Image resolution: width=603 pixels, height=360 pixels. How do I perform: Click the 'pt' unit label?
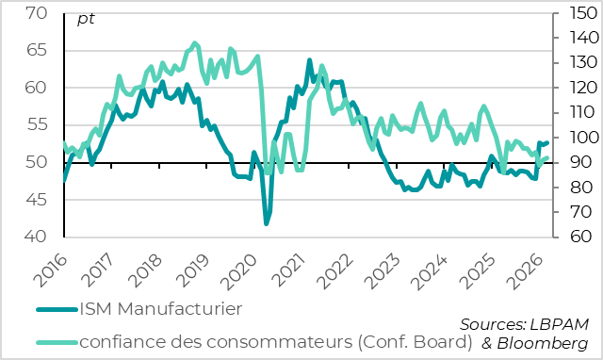(x=86, y=18)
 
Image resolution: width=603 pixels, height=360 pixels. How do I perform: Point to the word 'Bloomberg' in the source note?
(x=548, y=342)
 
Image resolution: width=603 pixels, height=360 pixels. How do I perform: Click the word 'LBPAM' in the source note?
(x=562, y=323)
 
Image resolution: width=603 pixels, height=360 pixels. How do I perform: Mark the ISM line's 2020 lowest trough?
(x=266, y=223)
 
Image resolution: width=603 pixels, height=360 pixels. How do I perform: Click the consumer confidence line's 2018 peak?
(x=195, y=42)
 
